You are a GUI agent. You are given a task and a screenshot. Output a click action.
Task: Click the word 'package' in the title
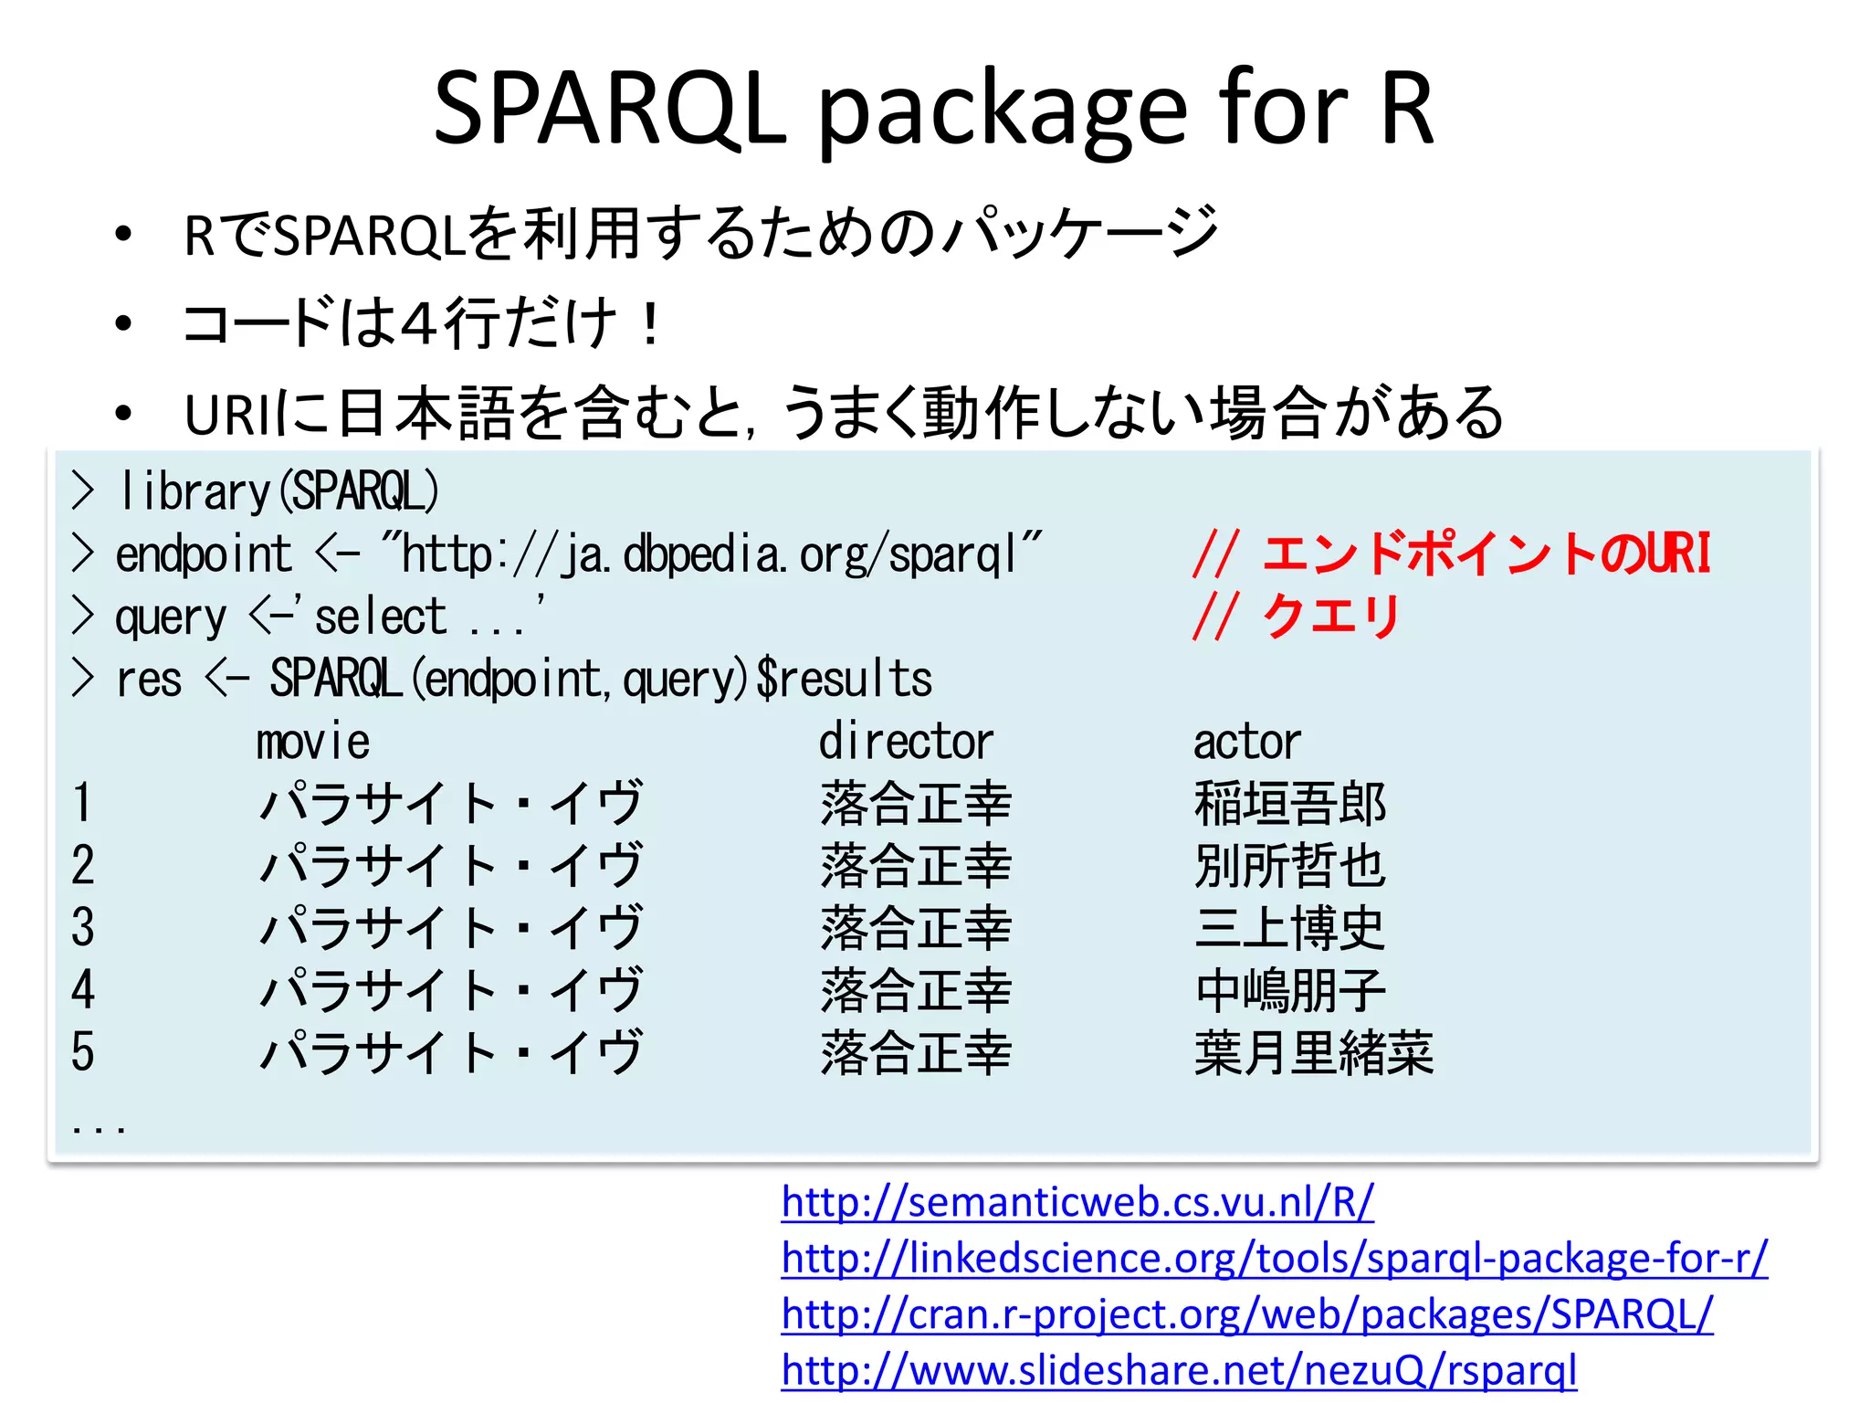point(1005,111)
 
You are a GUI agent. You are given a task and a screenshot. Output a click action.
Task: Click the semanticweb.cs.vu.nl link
point(1077,1202)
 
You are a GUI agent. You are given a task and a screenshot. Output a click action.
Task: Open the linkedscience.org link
point(1275,1259)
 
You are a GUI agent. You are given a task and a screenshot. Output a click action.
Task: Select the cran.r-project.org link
point(1247,1314)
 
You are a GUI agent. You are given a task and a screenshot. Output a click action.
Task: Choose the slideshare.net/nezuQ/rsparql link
point(1179,1371)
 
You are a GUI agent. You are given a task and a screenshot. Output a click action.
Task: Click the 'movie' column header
point(312,742)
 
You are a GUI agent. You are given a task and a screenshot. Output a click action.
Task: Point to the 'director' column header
point(905,742)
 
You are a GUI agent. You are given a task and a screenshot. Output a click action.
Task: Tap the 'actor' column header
point(1247,742)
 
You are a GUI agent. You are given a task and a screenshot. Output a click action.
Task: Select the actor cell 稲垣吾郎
point(1290,804)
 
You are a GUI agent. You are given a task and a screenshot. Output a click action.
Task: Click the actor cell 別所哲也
point(1290,866)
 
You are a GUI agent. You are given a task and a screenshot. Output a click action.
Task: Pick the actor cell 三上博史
point(1290,928)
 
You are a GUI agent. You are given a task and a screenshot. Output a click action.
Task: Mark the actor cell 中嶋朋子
point(1290,990)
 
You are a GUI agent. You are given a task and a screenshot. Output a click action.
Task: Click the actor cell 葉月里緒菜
point(1314,1052)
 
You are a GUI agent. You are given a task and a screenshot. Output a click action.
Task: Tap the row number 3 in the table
point(83,928)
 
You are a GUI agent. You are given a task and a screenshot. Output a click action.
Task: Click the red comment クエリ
point(1330,616)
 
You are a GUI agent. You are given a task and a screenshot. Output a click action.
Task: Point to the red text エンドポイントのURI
point(1487,554)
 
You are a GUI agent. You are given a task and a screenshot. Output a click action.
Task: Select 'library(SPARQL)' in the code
point(279,491)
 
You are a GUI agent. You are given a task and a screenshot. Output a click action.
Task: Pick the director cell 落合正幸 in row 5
point(916,1052)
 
